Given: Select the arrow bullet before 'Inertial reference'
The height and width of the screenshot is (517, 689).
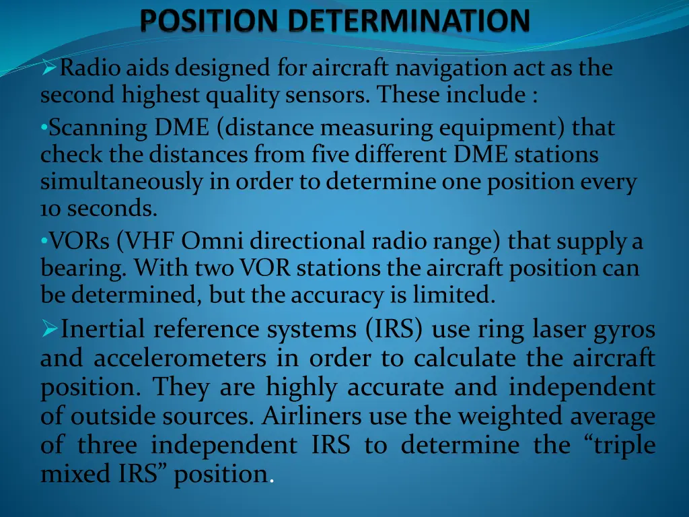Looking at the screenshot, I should tap(50, 329).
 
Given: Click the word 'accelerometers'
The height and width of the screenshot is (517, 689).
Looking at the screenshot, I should tap(180, 358).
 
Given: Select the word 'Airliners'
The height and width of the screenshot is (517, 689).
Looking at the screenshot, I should tap(312, 417).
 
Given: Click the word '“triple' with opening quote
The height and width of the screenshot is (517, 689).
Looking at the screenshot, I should tap(620, 445).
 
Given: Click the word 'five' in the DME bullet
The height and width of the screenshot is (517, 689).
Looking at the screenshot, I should tap(328, 155).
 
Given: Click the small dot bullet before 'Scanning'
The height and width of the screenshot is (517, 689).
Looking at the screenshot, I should tap(43, 127).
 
